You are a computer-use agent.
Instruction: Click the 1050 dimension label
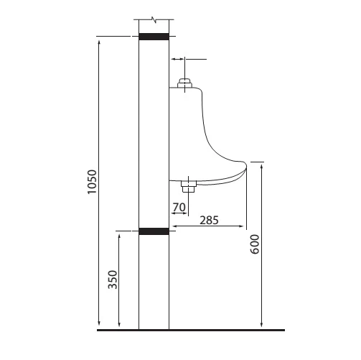pyautogui.click(x=92, y=182)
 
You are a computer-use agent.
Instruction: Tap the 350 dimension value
pyautogui.click(x=113, y=280)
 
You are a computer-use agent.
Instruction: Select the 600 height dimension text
pyautogui.click(x=255, y=244)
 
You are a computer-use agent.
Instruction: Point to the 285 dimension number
pyautogui.click(x=209, y=221)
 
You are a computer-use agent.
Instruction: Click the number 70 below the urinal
pyautogui.click(x=179, y=207)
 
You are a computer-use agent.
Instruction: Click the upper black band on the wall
pyautogui.click(x=154, y=37)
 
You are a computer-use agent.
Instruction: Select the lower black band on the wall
pyautogui.click(x=154, y=231)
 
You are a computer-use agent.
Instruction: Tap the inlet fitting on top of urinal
pyautogui.click(x=184, y=83)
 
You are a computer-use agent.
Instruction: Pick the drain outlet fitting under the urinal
pyautogui.click(x=189, y=186)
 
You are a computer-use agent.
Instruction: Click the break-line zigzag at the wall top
pyautogui.click(x=154, y=20)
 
